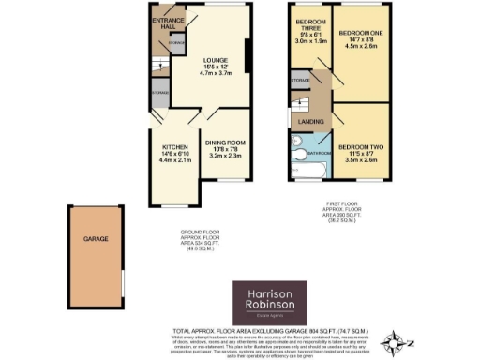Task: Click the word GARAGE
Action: pyautogui.click(x=93, y=239)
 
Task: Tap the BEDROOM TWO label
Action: pyautogui.click(x=359, y=147)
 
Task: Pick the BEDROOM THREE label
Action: pyautogui.click(x=308, y=24)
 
